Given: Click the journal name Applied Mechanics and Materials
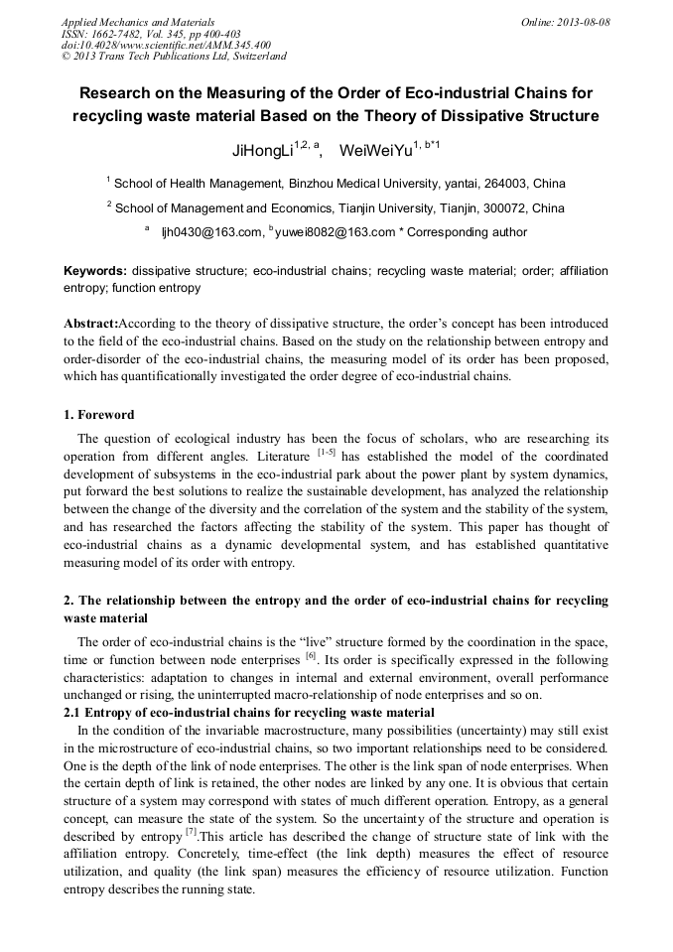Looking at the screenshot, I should click(x=138, y=22).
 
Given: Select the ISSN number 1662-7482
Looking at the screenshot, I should click(x=124, y=34).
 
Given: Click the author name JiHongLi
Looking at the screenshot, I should click(x=261, y=152).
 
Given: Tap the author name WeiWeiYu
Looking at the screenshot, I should click(x=376, y=152).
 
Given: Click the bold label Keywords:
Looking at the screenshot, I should click(x=95, y=271).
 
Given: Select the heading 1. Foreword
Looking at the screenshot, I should click(x=99, y=415).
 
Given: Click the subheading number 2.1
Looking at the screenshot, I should click(x=73, y=714).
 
